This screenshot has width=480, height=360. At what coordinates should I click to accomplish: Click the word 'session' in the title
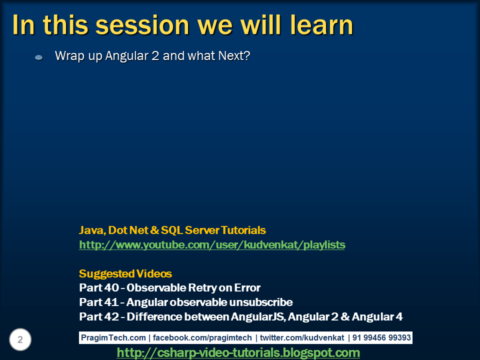[x=142, y=25]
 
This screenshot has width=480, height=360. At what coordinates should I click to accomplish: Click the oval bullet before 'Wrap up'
[x=39, y=57]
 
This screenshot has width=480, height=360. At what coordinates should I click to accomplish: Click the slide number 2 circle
[x=20, y=339]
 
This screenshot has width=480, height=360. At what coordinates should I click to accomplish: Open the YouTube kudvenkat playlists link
[x=212, y=245]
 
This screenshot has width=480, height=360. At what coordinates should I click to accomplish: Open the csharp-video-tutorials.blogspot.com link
[x=238, y=352]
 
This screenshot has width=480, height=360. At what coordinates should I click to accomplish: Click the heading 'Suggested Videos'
[x=125, y=273]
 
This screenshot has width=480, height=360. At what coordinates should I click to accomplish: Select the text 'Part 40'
[x=99, y=288]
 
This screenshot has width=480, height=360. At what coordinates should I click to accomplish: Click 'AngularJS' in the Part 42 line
[x=258, y=316]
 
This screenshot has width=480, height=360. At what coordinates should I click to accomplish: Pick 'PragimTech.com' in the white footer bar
[x=113, y=337]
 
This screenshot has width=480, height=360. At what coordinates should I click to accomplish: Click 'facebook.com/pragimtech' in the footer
[x=202, y=337]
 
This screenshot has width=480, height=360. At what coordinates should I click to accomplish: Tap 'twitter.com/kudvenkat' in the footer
[x=302, y=337]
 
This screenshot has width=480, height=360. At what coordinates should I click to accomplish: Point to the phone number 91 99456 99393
[x=381, y=337]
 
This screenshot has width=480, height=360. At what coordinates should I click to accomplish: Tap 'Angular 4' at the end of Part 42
[x=377, y=316]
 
